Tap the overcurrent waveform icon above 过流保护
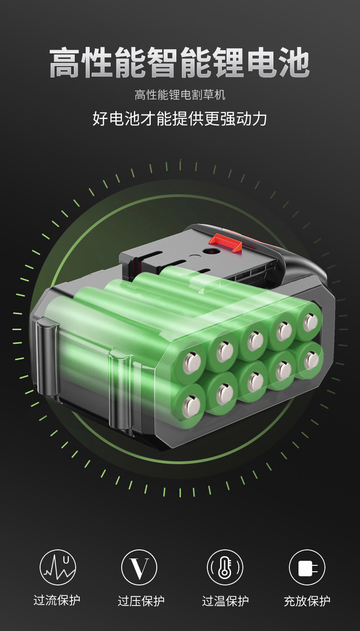58,567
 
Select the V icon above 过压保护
139,567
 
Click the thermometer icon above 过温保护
225,567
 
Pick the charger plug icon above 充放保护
307,567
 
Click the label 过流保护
57,600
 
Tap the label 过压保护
141,600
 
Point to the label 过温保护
225,600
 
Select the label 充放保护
307,600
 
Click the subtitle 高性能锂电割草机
180,95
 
